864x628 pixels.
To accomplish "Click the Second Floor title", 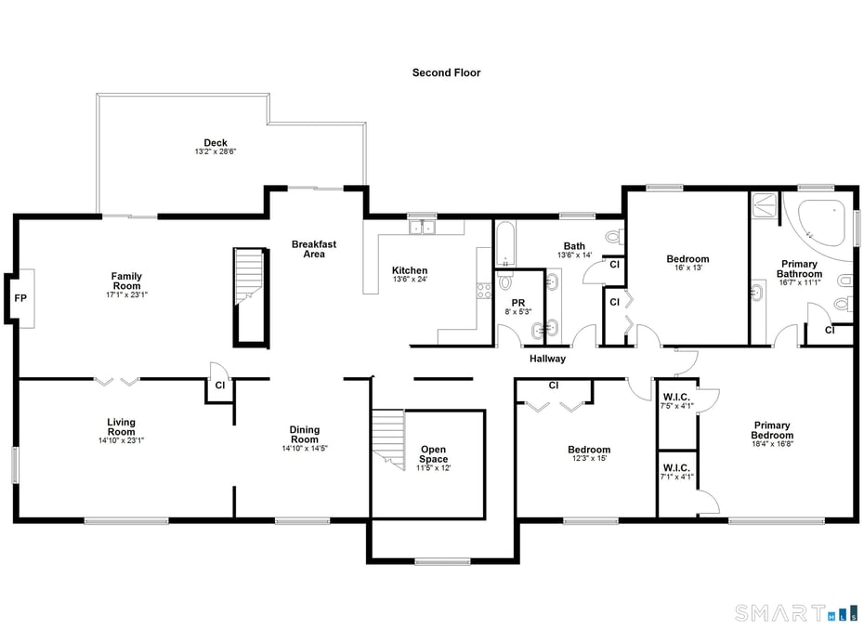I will (x=446, y=72).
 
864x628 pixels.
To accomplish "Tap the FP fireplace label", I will (x=20, y=299).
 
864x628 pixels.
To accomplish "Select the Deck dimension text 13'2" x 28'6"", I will (x=216, y=151).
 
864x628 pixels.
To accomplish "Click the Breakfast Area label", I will (x=314, y=249).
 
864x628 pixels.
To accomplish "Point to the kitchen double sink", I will (x=422, y=226).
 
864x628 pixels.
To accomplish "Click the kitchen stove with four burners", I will (x=483, y=291).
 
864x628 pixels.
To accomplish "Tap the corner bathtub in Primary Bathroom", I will (x=818, y=223).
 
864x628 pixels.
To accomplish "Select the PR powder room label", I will (x=518, y=304).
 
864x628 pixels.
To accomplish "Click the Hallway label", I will (x=547, y=359).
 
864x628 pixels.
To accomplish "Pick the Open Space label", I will (x=433, y=454).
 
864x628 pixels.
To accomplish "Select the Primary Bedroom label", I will (x=772, y=431).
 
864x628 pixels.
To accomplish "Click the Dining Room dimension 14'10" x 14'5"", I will (x=305, y=448).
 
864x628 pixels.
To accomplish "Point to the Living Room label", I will (x=121, y=426).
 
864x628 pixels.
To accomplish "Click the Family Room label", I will (x=126, y=281).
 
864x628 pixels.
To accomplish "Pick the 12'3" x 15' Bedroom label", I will (x=589, y=454).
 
